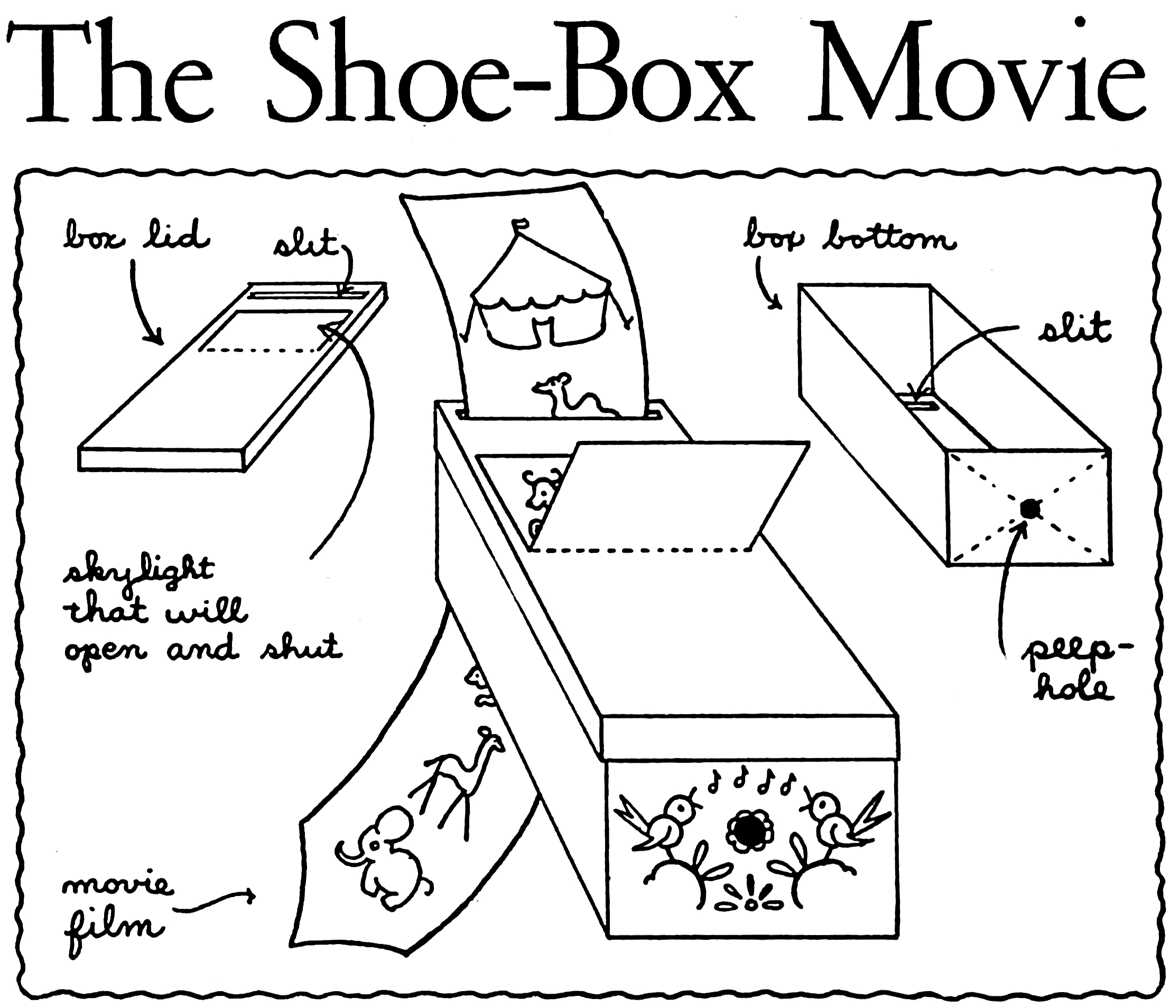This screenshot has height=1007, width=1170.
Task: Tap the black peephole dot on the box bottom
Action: [1029, 509]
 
